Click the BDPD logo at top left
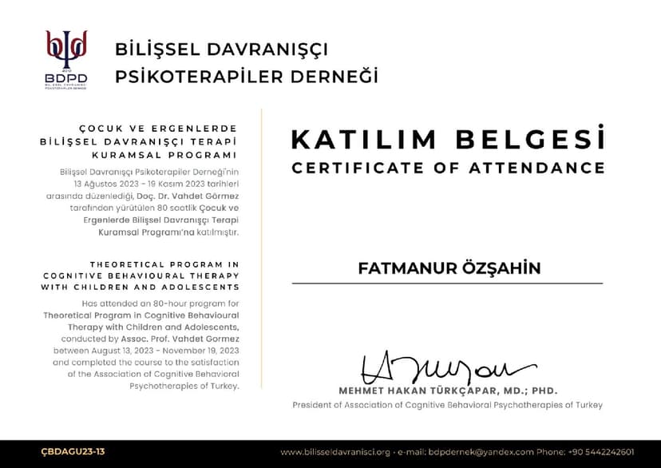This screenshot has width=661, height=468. click(x=66, y=58)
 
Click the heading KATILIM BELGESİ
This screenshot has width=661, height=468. click(x=447, y=139)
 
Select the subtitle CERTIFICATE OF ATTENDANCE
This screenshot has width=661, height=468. click(x=447, y=168)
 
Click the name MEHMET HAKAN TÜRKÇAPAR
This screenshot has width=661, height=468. click(x=427, y=391)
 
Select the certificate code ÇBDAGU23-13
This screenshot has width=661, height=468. click(x=73, y=452)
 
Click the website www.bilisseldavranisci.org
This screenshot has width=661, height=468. click(x=334, y=452)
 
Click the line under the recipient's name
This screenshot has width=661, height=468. click(x=447, y=284)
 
